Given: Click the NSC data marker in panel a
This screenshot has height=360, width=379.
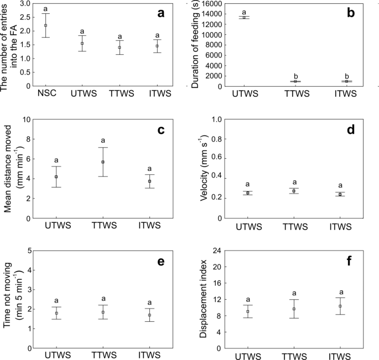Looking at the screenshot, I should tap(46, 25).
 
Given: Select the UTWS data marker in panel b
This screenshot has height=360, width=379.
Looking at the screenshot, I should tap(244, 17).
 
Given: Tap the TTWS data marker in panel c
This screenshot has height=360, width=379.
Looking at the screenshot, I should tap(102, 162).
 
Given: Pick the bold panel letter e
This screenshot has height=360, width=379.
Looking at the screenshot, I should tap(160, 262).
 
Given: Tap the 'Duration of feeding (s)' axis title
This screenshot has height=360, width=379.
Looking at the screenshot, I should tap(195, 44).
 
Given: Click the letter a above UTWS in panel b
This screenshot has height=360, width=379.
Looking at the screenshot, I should tap(244, 11).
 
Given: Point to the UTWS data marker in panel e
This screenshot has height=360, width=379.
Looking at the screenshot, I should tap(56, 313).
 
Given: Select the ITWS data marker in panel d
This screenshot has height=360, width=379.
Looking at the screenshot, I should tap(340, 194).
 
